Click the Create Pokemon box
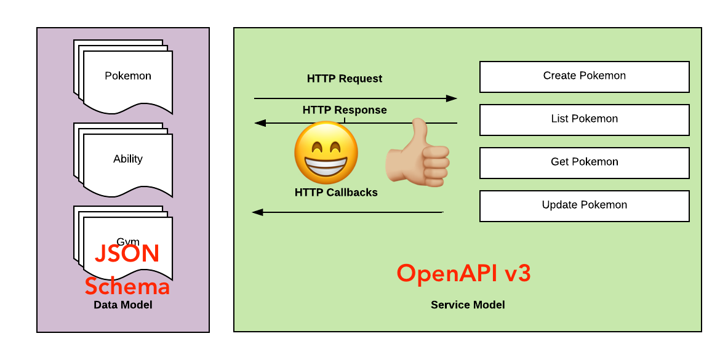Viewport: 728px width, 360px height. click(584, 76)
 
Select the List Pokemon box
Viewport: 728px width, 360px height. click(584, 119)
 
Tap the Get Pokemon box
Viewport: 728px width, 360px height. click(584, 162)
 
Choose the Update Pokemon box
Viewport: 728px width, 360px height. click(584, 206)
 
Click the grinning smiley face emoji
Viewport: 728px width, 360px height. click(326, 153)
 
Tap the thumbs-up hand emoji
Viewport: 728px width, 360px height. click(418, 154)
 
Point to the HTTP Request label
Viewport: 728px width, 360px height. click(345, 79)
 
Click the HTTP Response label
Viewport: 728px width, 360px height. click(345, 110)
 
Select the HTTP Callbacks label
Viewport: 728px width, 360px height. click(336, 193)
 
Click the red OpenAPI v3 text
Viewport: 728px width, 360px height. click(463, 273)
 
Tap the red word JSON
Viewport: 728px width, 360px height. click(127, 254)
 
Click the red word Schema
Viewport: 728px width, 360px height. click(127, 286)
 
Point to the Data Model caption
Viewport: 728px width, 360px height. click(123, 305)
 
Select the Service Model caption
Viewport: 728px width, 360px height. click(468, 305)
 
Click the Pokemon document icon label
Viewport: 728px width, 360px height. click(128, 76)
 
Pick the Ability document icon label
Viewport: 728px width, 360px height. click(128, 159)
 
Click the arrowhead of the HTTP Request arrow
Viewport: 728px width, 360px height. click(452, 98)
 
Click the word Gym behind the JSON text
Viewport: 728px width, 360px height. click(128, 241)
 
